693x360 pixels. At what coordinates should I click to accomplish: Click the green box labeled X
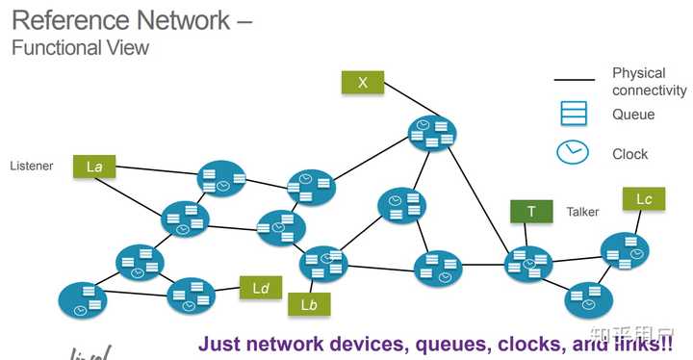tap(362, 83)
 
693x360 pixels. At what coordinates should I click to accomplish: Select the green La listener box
tap(94, 167)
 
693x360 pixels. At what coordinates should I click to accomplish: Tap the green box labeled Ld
tap(260, 287)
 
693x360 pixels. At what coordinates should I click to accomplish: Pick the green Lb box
tap(309, 305)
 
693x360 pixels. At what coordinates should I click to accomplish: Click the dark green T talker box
tap(530, 211)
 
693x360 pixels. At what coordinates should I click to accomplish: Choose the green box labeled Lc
tap(644, 199)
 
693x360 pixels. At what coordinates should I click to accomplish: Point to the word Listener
tap(32, 167)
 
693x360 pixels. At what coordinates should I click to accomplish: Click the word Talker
tap(582, 212)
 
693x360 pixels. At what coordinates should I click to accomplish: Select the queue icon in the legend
tap(574, 115)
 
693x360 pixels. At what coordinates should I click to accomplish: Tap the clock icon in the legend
tap(574, 153)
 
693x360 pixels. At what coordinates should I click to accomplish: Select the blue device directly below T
tap(528, 262)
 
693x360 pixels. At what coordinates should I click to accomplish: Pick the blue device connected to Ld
tap(191, 296)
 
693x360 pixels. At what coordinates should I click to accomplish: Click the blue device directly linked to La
tap(222, 178)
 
